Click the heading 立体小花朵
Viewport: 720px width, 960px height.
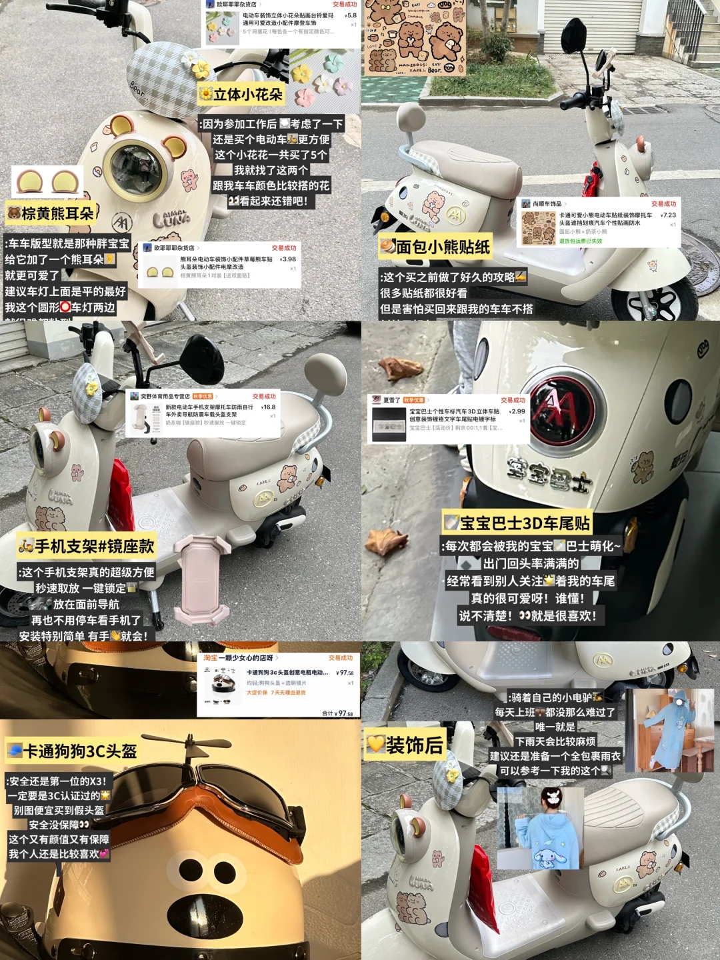[x=241, y=95]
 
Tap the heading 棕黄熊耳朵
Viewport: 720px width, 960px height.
[x=51, y=213]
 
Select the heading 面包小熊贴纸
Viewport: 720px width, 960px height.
[x=435, y=247]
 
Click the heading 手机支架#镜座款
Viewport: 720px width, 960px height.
[x=87, y=547]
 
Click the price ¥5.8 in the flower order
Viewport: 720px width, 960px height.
[x=351, y=15]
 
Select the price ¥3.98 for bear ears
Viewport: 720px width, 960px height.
[x=288, y=259]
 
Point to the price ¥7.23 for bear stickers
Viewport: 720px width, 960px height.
[x=668, y=215]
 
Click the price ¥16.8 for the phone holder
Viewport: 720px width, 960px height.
[x=268, y=407]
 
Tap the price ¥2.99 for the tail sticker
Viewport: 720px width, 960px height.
[x=517, y=411]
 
